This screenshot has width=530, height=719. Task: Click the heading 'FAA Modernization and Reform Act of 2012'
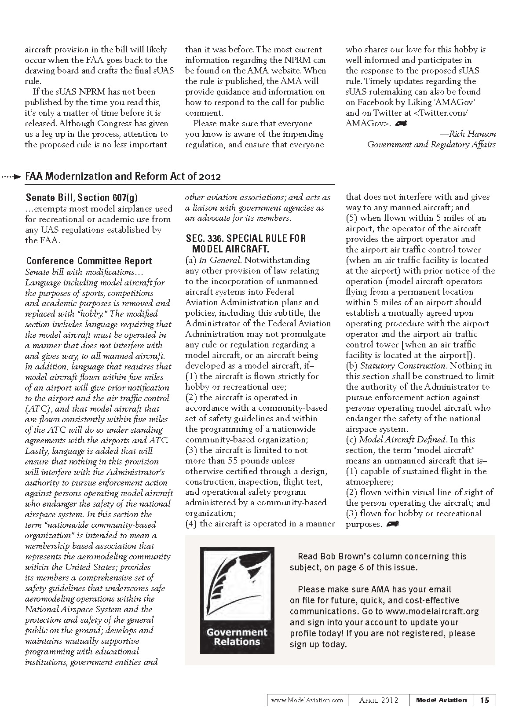tap(123, 176)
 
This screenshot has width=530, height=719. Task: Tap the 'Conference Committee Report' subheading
tap(89, 261)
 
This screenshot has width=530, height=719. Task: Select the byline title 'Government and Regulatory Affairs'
tap(431, 145)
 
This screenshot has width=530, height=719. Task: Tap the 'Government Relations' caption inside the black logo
tap(237, 637)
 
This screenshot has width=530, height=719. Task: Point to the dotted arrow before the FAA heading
tap(11, 177)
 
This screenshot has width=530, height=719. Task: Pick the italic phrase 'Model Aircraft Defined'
tap(402, 440)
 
